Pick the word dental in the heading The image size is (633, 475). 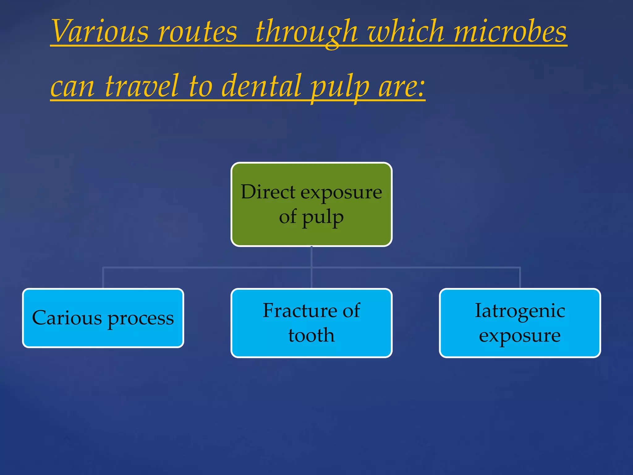[261, 86]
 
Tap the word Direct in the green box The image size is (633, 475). [268, 192]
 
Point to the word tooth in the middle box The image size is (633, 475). [311, 335]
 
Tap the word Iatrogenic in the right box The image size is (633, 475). [520, 310]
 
